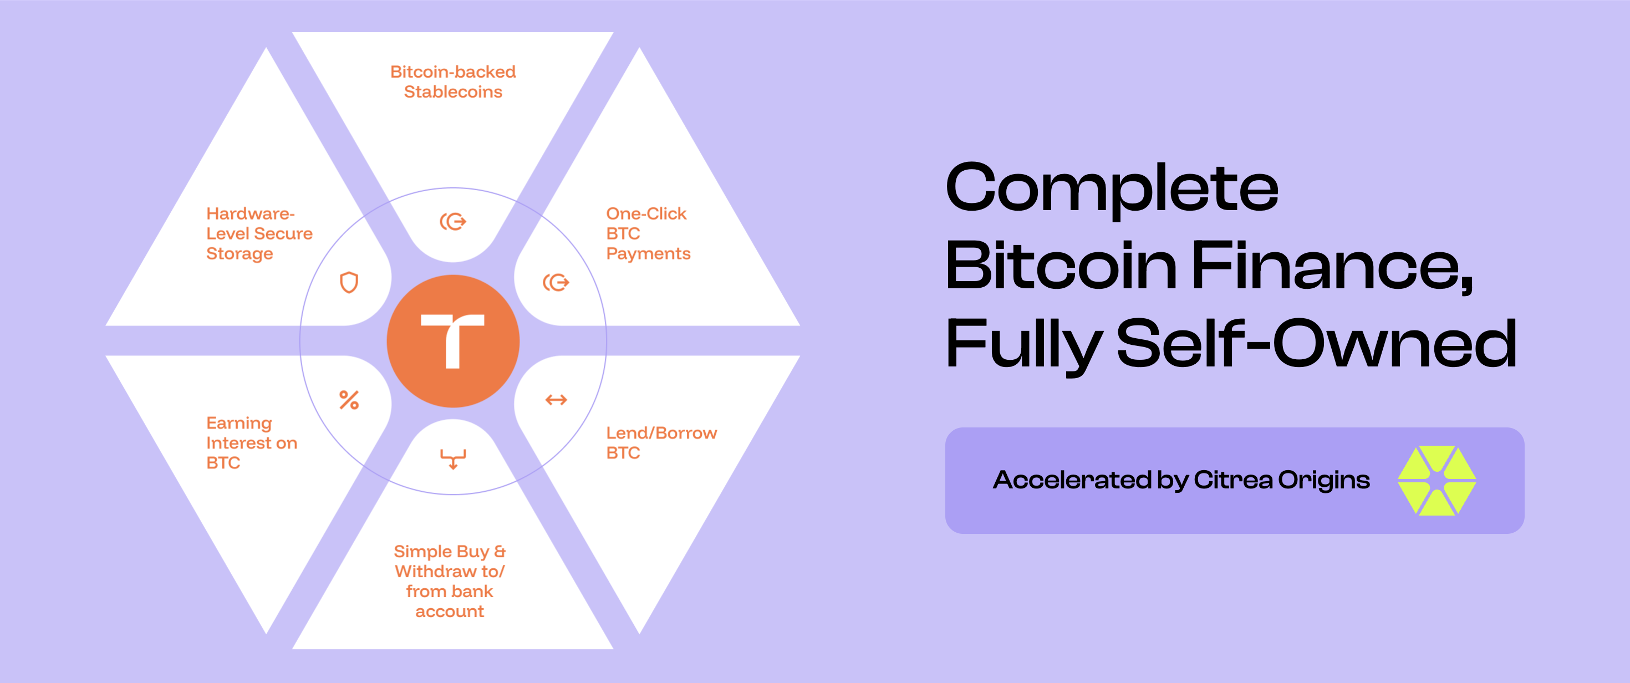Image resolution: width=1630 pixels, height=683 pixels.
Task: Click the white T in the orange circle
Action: tap(452, 340)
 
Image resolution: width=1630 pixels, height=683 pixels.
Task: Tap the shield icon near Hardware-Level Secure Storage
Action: tap(349, 282)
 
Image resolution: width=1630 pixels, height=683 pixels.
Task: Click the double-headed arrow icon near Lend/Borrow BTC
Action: tap(556, 399)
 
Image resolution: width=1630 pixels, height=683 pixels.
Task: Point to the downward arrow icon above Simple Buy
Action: tap(453, 458)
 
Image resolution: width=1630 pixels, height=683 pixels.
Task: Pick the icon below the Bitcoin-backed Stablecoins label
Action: tap(453, 222)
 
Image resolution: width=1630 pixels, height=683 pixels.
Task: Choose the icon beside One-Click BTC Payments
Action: tap(556, 282)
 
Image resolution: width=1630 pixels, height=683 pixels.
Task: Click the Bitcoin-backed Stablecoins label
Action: tap(453, 81)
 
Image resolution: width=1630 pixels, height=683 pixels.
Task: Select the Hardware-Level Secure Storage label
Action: tap(259, 233)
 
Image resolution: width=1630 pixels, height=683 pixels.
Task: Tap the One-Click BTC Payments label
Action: tap(648, 233)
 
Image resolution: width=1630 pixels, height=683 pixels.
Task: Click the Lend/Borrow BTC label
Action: tap(661, 442)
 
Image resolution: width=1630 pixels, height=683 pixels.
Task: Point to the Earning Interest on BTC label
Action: tap(251, 442)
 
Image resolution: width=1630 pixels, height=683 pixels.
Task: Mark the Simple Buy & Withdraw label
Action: tap(450, 580)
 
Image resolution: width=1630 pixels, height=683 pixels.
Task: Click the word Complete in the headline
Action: tap(1112, 188)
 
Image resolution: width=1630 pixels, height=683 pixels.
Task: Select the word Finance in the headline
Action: tap(1332, 266)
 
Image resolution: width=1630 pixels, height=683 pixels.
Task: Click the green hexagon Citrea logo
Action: tap(1437, 481)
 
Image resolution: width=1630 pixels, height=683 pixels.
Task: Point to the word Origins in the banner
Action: tap(1324, 481)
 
